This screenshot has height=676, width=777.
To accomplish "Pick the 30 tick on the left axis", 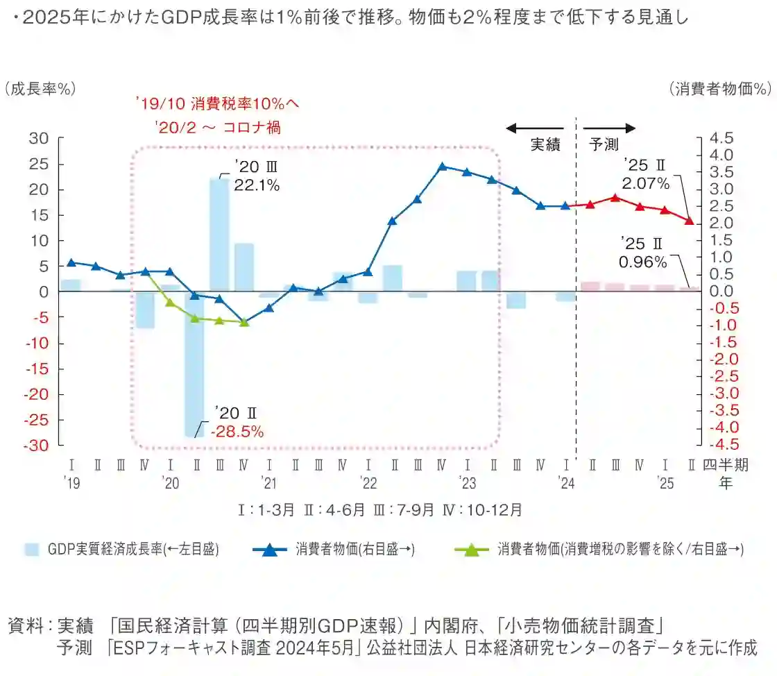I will (38, 138).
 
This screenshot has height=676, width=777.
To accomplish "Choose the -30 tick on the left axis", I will (36, 446).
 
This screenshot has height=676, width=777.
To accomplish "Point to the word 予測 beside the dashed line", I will (604, 145).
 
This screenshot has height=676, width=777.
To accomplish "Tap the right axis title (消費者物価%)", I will (721, 89).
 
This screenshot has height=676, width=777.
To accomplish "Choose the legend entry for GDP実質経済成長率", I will (123, 549).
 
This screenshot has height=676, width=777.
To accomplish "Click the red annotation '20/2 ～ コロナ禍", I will (219, 128).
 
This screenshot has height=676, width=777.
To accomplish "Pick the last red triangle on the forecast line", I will (690, 221).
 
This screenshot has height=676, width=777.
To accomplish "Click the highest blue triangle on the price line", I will (442, 167).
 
